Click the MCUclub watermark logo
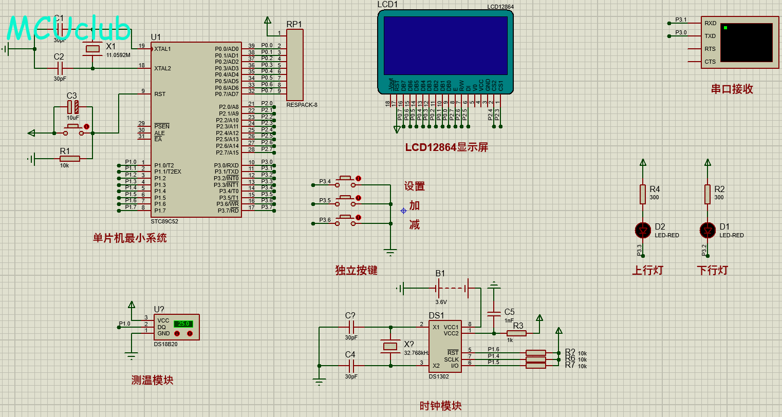(x=69, y=29)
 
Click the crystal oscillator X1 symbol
(x=92, y=49)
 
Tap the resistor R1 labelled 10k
(x=69, y=159)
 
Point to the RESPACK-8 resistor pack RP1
(x=295, y=65)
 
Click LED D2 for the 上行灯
(x=643, y=231)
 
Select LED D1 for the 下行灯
(x=707, y=231)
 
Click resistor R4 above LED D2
(x=643, y=194)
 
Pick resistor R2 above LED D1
(x=707, y=194)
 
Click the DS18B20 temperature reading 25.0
(x=182, y=324)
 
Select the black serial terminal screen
(x=746, y=42)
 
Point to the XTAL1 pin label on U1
(x=162, y=49)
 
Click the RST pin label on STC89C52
(x=160, y=94)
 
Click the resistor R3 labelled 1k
(x=516, y=333)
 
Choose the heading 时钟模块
(x=440, y=406)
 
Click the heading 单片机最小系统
(x=129, y=238)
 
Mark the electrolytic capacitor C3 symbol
(x=73, y=107)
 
